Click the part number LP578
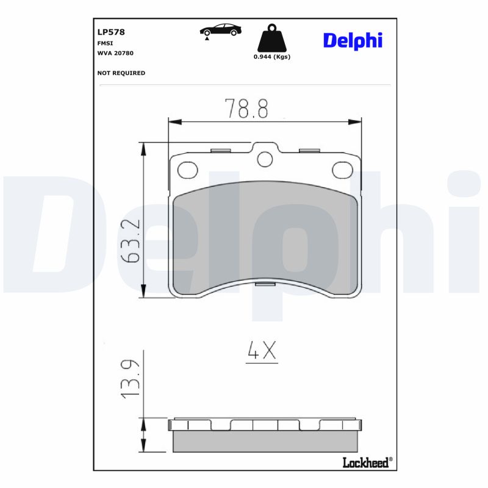[111, 32]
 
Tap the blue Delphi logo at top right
[353, 41]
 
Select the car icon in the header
[221, 29]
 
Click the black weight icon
[271, 38]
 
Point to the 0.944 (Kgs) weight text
[271, 57]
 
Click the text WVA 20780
[115, 53]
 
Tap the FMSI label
[104, 43]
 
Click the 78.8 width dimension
[246, 109]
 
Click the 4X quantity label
[262, 351]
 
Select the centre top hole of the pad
[264, 159]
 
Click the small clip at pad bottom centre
[265, 284]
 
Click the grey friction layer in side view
[265, 441]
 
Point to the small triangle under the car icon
[207, 38]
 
